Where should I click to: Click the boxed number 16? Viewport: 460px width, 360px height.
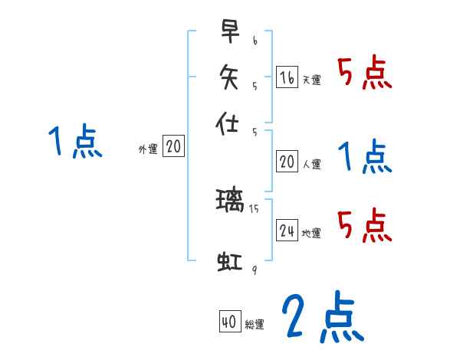click(x=287, y=77)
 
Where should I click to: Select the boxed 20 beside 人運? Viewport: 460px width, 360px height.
click(x=287, y=161)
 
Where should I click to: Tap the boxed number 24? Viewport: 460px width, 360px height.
click(x=287, y=231)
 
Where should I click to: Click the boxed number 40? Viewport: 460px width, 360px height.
click(x=229, y=322)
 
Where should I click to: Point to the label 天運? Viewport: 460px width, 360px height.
click(x=311, y=80)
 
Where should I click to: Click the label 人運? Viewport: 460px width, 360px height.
click(x=311, y=163)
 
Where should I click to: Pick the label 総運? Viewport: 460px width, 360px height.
click(x=255, y=325)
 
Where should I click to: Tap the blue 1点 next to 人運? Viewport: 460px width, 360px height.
click(x=365, y=157)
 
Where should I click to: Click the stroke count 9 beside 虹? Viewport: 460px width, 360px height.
click(x=254, y=270)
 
